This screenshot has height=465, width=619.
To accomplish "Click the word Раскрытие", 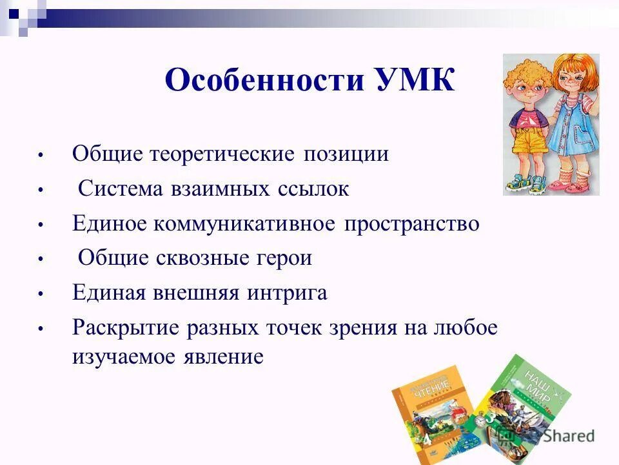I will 126,328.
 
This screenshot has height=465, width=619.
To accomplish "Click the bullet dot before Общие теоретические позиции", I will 40,156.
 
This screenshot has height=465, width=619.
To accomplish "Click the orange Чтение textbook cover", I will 429,413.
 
